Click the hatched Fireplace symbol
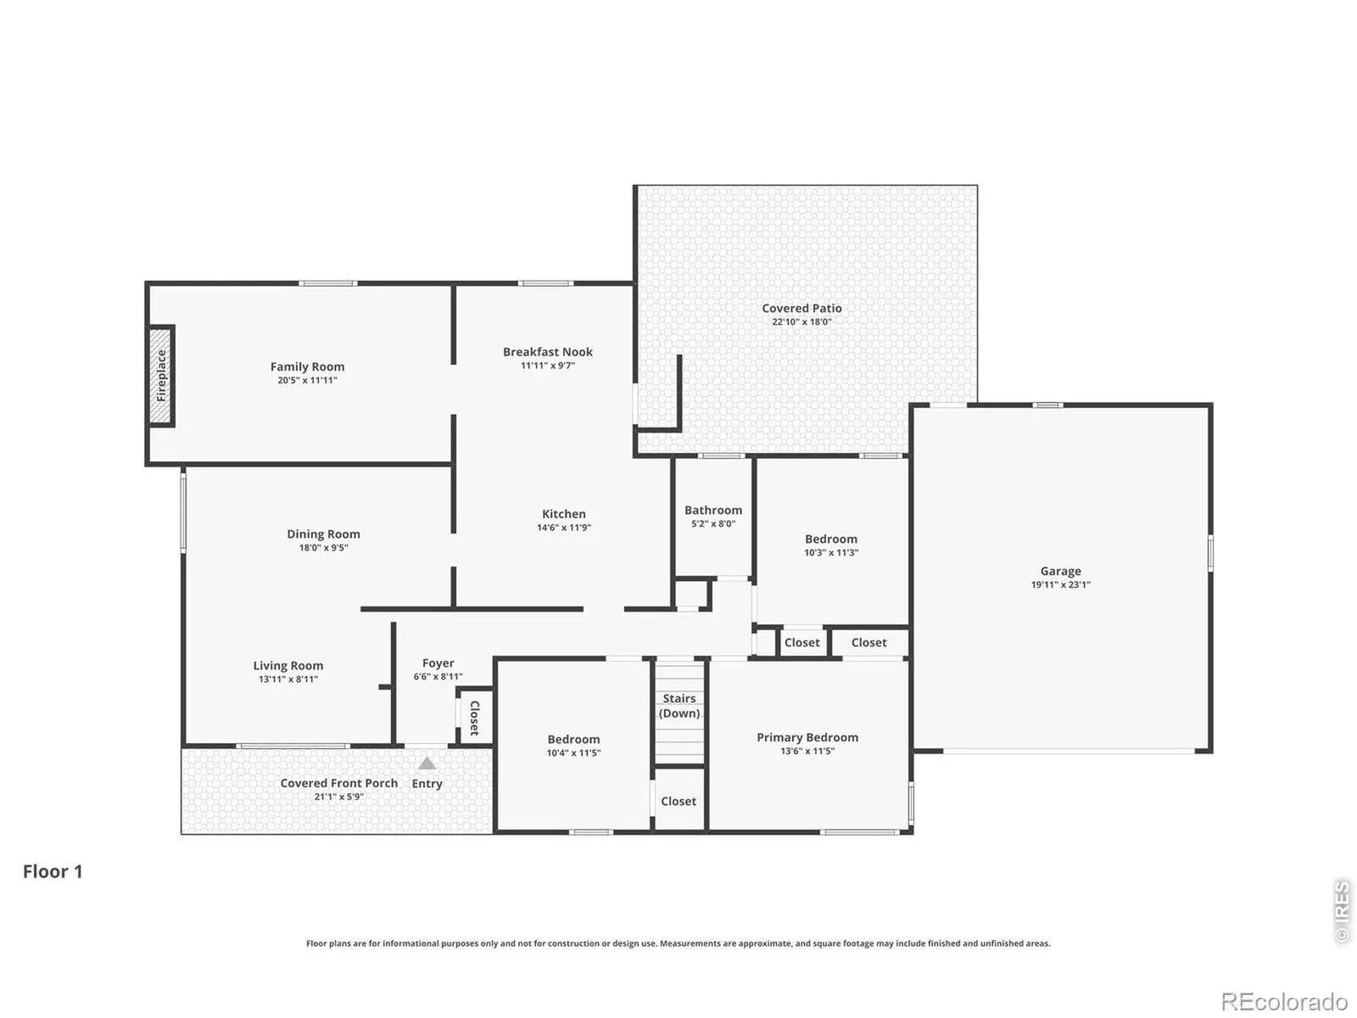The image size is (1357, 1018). tap(161, 375)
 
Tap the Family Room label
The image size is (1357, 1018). tap(307, 366)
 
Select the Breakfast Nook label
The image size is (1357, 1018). tap(547, 352)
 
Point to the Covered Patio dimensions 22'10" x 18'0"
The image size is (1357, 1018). tap(801, 322)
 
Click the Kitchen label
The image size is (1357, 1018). tap(563, 513)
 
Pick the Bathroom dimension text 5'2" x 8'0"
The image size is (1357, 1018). tap(712, 523)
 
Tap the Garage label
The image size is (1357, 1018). tap(1060, 571)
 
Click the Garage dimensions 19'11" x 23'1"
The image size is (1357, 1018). tap(1060, 585)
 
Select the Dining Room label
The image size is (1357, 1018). tap(323, 534)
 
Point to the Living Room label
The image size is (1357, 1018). tap(288, 666)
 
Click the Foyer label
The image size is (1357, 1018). tap(438, 663)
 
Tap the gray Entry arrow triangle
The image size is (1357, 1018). tap(427, 763)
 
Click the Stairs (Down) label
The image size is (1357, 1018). tap(678, 706)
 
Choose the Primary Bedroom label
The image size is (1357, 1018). tap(807, 737)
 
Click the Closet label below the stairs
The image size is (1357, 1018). tap(678, 801)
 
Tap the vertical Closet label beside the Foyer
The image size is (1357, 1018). tap(475, 718)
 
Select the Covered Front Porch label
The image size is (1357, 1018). tap(338, 783)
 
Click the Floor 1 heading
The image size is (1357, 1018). tap(53, 871)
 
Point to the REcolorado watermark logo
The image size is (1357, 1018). tap(1284, 1000)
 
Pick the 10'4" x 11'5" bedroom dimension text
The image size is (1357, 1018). tap(573, 752)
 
